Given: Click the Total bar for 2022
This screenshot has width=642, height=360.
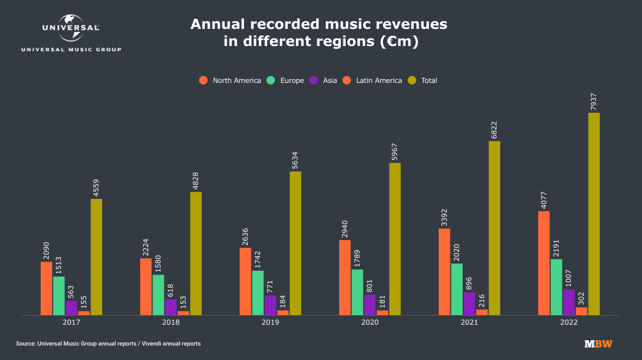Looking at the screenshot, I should point(594,214).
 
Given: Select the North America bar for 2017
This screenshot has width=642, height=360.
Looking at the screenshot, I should point(47,288).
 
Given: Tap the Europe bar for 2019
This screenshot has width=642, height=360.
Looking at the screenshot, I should point(258,293).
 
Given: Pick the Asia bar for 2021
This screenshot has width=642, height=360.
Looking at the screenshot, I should point(469,304).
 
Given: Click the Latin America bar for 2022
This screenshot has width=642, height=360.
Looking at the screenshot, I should point(581,311).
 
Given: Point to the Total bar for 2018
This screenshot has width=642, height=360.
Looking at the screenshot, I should point(196,254).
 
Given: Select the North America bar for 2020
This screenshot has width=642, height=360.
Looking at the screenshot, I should point(345,278).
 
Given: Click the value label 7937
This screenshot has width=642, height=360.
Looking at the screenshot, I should point(594,101).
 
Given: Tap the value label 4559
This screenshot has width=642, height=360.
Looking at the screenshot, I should point(97,188).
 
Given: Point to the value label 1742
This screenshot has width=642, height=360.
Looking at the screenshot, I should point(258,259).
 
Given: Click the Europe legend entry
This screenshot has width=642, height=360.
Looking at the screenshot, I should point(286,81).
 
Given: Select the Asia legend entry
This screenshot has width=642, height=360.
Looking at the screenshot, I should point(324,81).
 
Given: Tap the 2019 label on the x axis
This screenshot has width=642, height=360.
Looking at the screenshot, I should point(271,323).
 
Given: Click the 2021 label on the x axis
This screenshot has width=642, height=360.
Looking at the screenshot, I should point(469,323).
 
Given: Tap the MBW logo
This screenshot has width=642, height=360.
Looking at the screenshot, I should point(599,344).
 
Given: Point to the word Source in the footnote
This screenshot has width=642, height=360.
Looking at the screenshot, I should point(26,343).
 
